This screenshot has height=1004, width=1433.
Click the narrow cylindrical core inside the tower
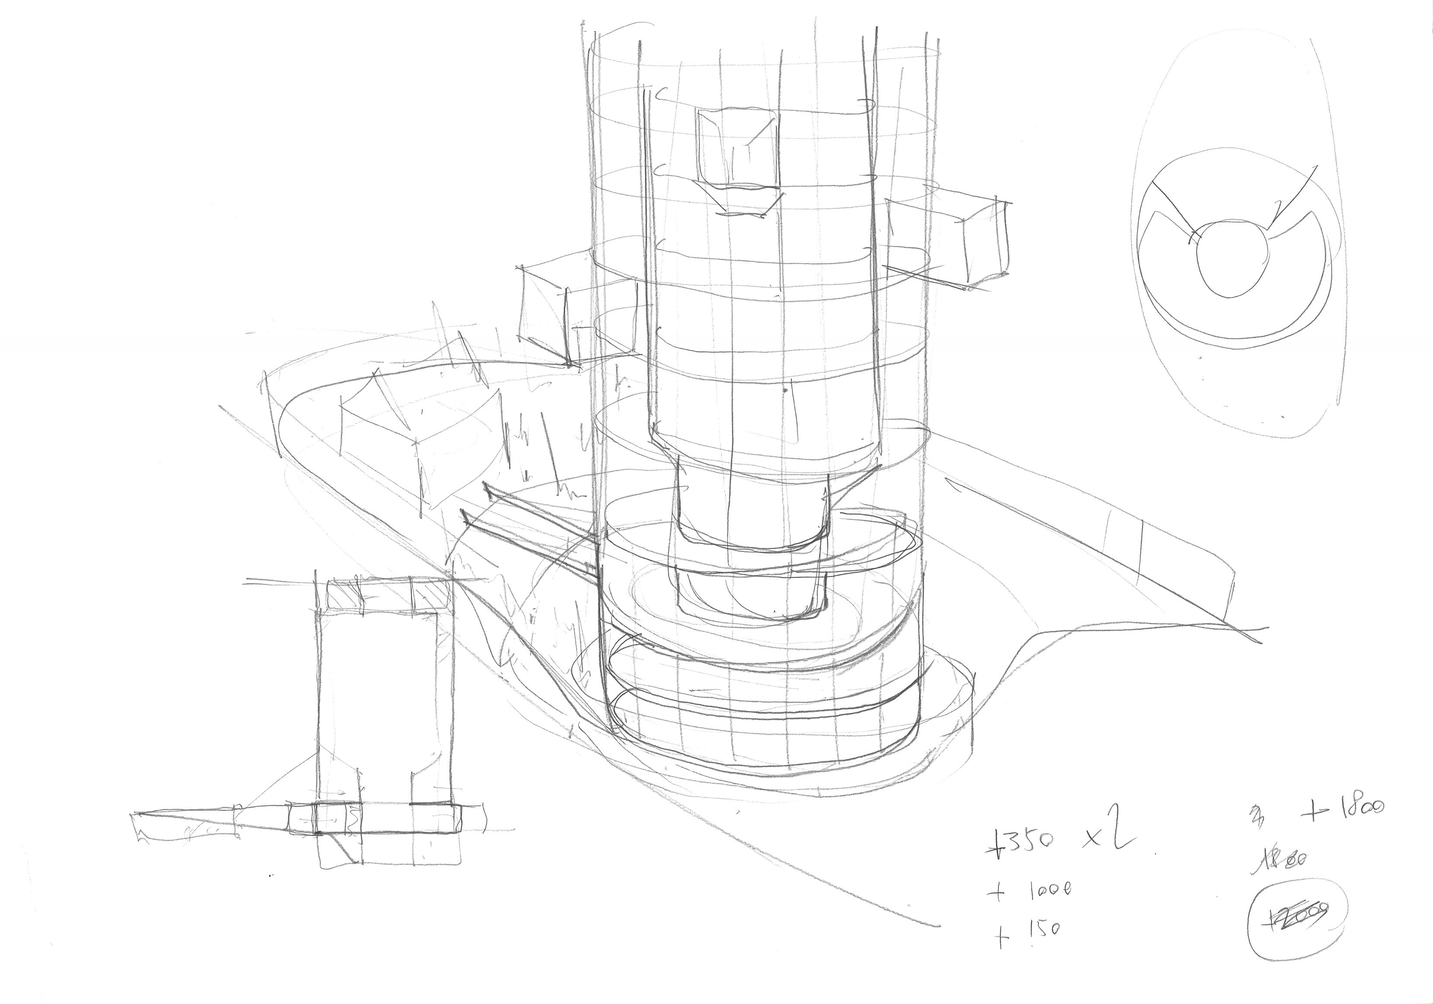coord(749,512)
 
